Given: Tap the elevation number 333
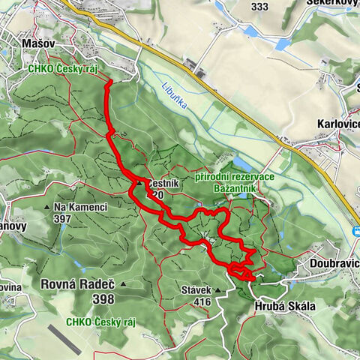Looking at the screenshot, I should (259, 7).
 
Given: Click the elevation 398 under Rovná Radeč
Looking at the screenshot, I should (103, 299).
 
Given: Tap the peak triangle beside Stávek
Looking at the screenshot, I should (218, 289).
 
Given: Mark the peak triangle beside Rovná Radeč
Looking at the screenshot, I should (122, 284).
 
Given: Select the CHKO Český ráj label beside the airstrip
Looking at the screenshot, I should (100, 322).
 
